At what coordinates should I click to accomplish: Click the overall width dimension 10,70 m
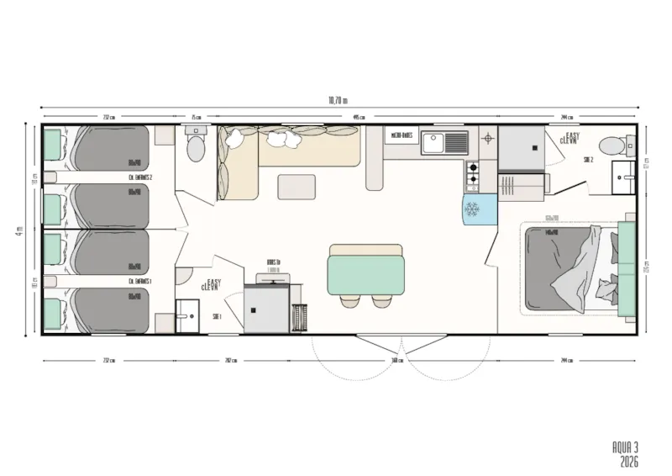tap(336, 100)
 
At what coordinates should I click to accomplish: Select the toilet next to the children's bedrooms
tap(196, 148)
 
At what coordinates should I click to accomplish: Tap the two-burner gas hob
tap(472, 173)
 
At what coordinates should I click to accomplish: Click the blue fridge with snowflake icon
tap(475, 209)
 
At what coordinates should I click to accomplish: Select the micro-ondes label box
tap(402, 135)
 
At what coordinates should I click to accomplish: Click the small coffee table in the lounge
tap(297, 187)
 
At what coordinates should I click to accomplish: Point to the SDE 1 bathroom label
tap(217, 316)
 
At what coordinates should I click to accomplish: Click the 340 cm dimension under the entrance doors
tap(396, 361)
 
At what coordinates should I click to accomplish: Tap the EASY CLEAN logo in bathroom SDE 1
tap(210, 285)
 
